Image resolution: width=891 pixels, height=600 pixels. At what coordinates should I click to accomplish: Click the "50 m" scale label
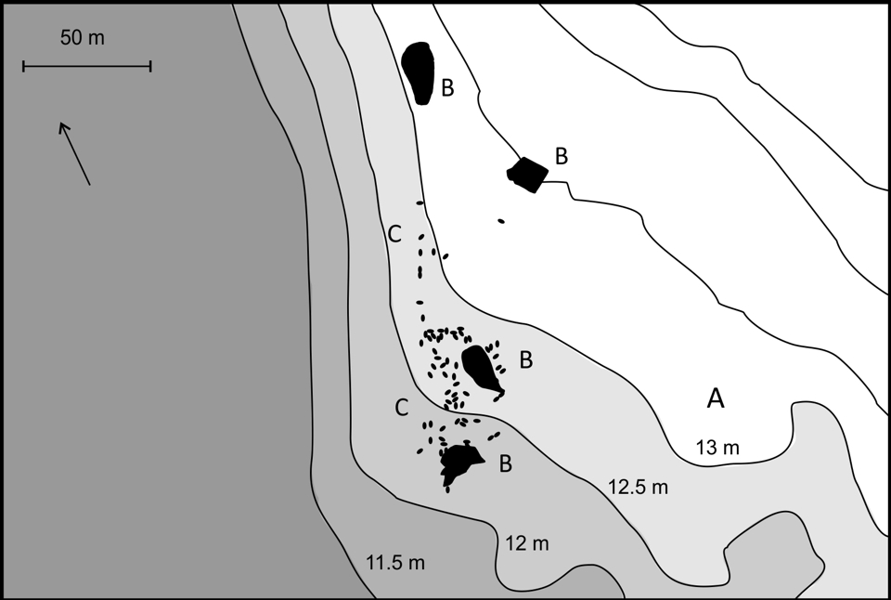[x=83, y=38]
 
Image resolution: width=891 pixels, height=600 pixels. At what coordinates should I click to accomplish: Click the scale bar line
[x=87, y=67]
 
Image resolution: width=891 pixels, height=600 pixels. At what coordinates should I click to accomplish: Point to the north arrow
[x=74, y=153]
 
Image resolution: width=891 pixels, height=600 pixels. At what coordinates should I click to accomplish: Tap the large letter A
[x=716, y=398]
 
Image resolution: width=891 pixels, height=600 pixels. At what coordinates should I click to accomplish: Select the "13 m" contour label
[x=717, y=449]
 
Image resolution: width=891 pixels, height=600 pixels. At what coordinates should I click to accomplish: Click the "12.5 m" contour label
[x=639, y=488]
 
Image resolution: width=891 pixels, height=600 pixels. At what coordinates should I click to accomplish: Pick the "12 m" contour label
[x=527, y=543]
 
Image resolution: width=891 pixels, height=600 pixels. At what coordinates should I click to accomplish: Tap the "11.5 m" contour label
[x=395, y=563]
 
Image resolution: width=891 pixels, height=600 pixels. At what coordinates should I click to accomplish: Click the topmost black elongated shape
[x=419, y=72]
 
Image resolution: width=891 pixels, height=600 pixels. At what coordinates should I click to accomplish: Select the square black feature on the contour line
[x=528, y=175]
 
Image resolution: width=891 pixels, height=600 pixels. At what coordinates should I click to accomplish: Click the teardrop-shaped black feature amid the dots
[x=481, y=368]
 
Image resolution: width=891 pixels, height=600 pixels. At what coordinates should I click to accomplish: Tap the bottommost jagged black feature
[x=459, y=463]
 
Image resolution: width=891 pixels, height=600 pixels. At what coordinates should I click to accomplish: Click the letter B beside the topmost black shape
[x=447, y=88]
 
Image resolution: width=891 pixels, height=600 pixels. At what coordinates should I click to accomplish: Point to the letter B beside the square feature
[x=562, y=156]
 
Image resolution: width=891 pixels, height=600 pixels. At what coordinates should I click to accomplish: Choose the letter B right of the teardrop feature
[x=526, y=360]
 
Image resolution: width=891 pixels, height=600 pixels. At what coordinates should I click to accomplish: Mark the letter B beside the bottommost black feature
[x=505, y=464]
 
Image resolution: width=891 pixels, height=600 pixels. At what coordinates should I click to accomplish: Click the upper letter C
[x=394, y=234]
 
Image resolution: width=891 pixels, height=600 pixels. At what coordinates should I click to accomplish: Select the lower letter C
[x=401, y=407]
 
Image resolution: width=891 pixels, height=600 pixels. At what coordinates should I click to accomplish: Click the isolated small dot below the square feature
[x=500, y=221]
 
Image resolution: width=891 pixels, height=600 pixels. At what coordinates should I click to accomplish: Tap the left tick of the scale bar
[x=23, y=67]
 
